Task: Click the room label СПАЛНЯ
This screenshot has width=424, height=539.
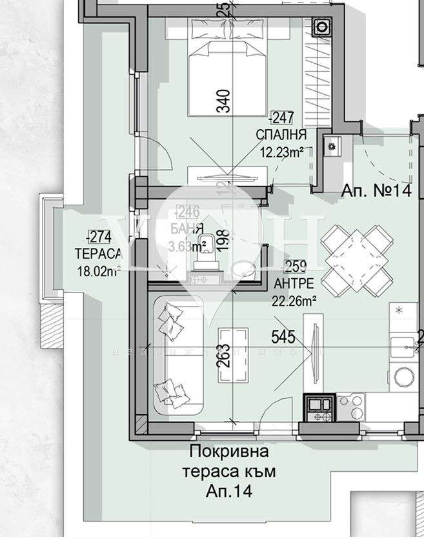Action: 281,135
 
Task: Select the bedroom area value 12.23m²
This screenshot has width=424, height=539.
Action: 281,152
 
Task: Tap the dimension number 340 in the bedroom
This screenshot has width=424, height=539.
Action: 223,101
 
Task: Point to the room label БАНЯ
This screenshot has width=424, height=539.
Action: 187,229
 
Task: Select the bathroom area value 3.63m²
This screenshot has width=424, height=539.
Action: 187,245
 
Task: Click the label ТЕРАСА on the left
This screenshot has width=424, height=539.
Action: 98,254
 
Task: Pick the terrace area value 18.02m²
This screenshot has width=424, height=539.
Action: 98,271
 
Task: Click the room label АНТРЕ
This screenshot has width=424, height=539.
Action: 294,283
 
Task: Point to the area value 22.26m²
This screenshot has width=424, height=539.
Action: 294,300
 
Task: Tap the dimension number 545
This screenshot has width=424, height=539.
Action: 283,337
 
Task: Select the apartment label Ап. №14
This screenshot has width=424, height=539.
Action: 376,190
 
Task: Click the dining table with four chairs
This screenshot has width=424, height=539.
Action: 358,258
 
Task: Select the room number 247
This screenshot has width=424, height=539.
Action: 283,118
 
